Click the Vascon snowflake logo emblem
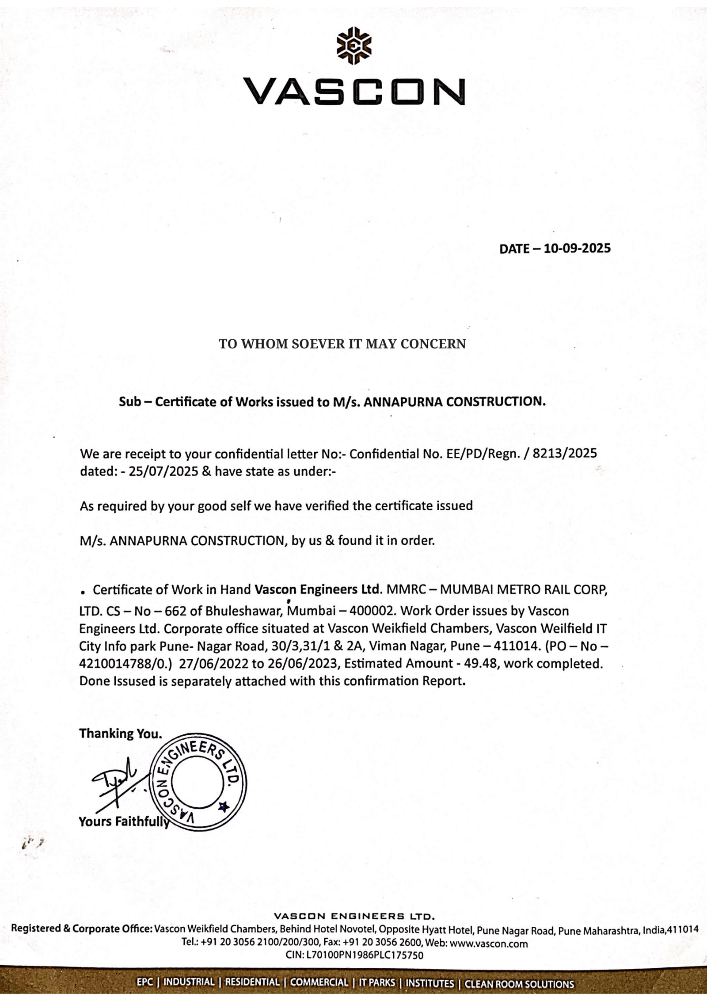pos(354,46)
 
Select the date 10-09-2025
pos(577,248)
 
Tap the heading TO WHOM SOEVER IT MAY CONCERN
pos(342,344)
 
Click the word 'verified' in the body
pos(327,506)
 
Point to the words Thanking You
pos(120,734)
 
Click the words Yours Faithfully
pos(124,821)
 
